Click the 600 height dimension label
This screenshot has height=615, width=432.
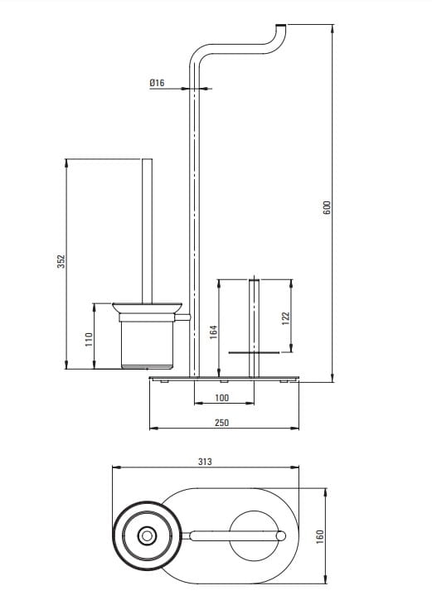coord(328,207)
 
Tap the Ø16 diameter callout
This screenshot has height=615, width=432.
coord(157,83)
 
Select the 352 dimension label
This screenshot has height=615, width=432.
coord(61,261)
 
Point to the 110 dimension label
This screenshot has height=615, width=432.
coord(89,339)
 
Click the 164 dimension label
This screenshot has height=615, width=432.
coord(213,332)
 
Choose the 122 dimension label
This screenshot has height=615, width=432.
coord(285,317)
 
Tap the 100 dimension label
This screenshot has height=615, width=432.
coord(221,398)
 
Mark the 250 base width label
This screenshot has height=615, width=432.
coord(221,423)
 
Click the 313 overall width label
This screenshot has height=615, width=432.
coord(205,462)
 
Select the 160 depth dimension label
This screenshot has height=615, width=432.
coord(320,536)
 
